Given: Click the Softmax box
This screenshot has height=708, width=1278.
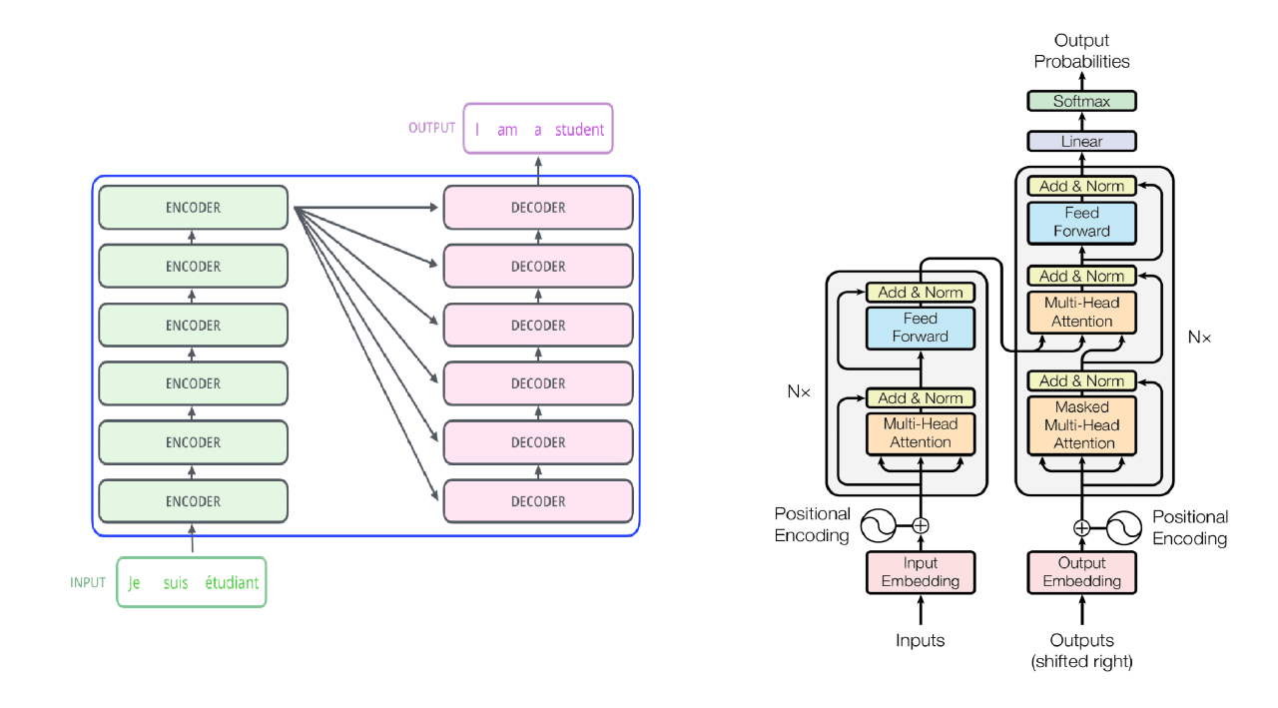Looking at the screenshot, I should (1082, 101).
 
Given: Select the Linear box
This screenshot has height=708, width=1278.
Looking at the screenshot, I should (1082, 141).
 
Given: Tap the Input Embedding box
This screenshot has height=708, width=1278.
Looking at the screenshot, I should (920, 572).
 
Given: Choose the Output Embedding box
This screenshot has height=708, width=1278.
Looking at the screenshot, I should (1082, 572).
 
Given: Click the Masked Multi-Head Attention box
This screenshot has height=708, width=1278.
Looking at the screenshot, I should (1082, 425).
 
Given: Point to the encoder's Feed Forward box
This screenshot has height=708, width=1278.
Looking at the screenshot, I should (920, 328).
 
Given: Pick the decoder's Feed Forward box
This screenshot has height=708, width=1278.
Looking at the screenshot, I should (1082, 222).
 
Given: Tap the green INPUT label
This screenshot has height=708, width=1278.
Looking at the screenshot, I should (88, 583).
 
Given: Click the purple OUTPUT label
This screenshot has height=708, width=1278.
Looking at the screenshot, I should (431, 128).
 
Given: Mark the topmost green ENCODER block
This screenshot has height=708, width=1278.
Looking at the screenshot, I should (193, 208).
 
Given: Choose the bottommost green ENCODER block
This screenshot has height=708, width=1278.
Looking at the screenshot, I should (193, 501).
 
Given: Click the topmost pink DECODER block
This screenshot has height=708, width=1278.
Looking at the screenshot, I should (538, 208).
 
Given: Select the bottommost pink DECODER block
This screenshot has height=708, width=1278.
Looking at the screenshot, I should (538, 501).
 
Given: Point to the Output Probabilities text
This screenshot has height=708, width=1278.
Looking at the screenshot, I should (1082, 51).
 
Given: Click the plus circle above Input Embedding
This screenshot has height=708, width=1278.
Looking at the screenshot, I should (921, 525).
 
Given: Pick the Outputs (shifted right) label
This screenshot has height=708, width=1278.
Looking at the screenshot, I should (1082, 650).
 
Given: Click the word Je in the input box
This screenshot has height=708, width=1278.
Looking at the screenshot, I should (135, 583).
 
